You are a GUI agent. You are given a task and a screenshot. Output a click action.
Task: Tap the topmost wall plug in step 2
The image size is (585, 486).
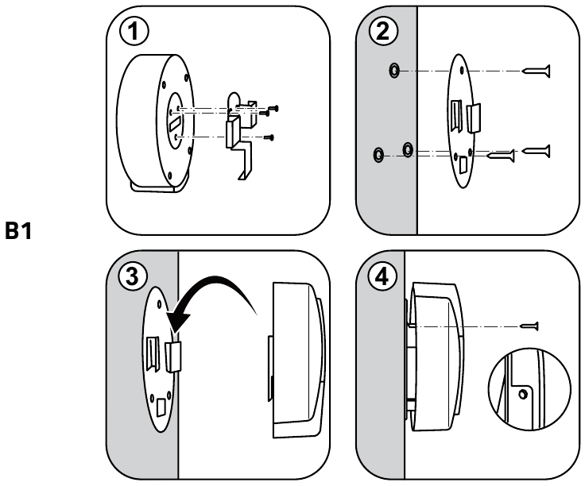pos(394,72)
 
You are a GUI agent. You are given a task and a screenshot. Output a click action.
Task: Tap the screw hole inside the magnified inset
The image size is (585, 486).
pos(522,394)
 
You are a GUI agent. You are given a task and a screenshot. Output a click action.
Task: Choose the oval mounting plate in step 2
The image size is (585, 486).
pos(463,121)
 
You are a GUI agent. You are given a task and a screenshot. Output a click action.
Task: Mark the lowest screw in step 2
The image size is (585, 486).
pos(502,157)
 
